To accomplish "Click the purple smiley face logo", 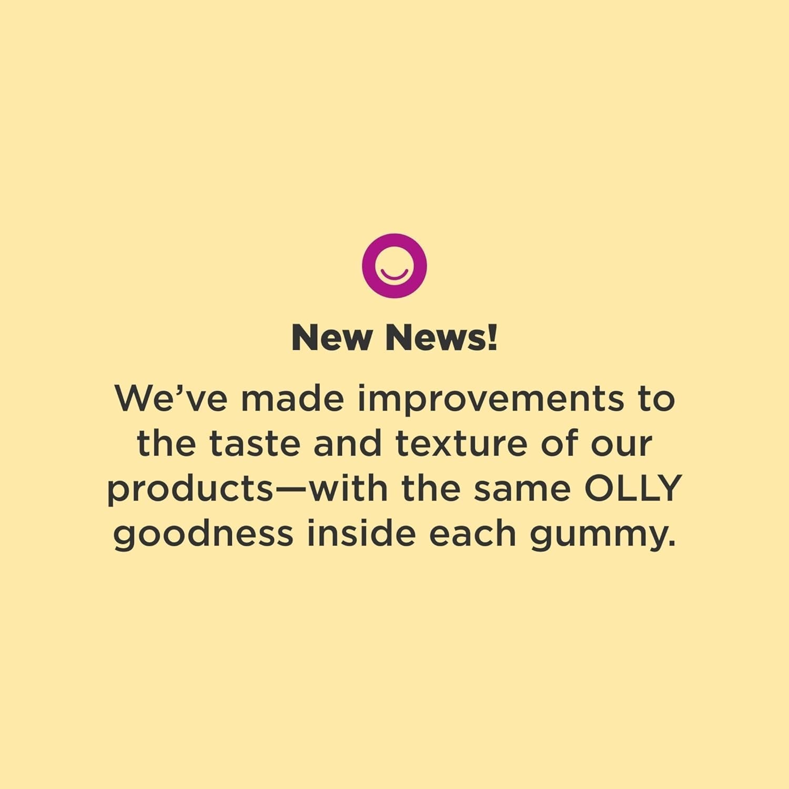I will (394, 266).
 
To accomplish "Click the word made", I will (292, 398).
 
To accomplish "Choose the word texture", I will (461, 443).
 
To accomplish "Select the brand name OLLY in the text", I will (633, 488).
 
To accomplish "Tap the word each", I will (472, 533).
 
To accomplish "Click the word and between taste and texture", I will (347, 443).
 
